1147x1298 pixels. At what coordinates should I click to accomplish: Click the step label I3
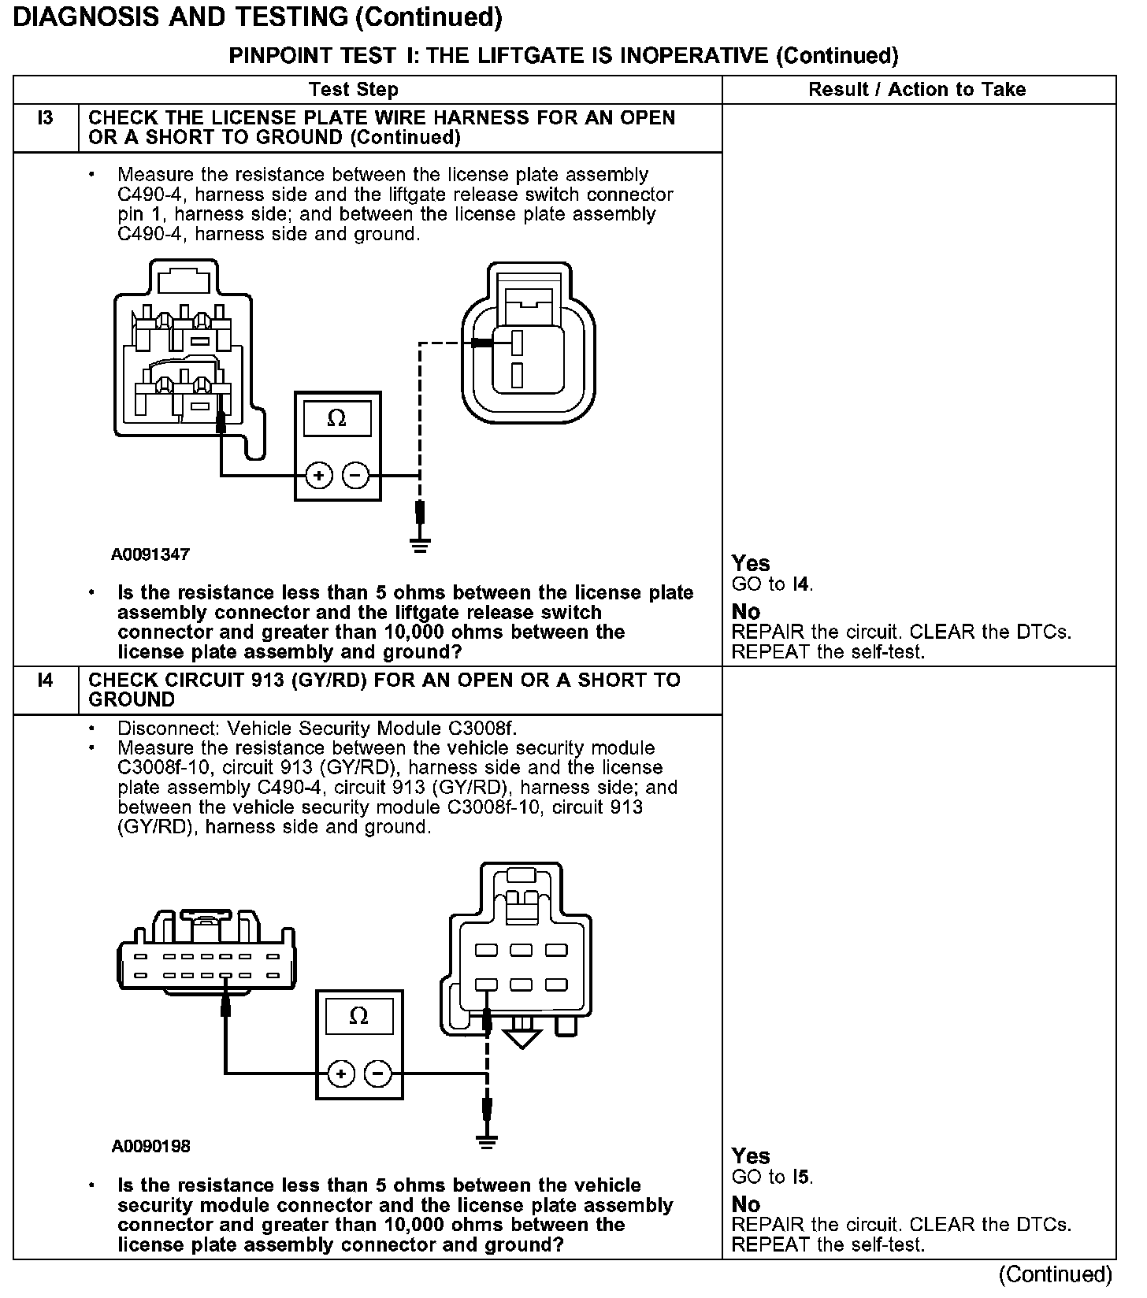pos(46,119)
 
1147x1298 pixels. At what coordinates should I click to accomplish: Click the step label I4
pos(46,681)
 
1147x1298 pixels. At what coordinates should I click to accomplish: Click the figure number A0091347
pos(150,554)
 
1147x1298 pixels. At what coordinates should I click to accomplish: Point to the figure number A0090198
pos(150,1146)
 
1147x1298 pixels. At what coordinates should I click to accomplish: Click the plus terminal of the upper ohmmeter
pos(319,476)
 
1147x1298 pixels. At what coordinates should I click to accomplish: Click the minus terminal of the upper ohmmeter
pos(356,476)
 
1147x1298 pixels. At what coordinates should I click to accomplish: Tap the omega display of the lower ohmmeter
pos(358,1016)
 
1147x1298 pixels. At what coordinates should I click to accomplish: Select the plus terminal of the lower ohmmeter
pos(340,1074)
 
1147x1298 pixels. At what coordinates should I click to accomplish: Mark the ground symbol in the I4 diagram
pos(488,1140)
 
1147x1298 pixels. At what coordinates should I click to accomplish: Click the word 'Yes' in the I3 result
pos(751,563)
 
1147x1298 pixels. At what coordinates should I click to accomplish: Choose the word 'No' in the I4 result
pos(746,1204)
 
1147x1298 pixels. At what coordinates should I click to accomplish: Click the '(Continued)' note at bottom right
pos(1055,1274)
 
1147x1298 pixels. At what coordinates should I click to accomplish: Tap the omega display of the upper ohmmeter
pos(336,418)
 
